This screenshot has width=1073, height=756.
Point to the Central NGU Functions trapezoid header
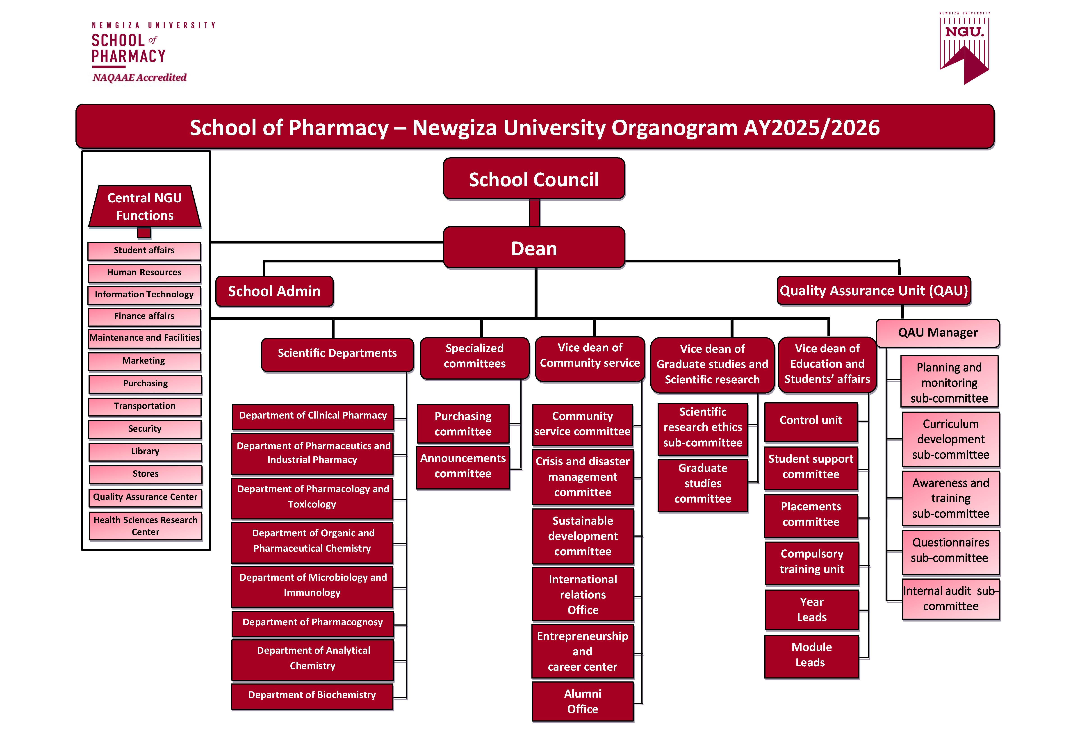pos(145,207)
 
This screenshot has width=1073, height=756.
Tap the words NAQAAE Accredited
pos(139,77)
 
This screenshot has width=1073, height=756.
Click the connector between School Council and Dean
pos(534,213)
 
